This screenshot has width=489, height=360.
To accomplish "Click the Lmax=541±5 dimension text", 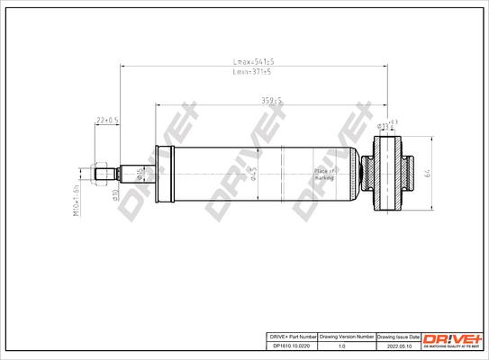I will [x=254, y=62].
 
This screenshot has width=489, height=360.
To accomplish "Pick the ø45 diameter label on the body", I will [x=254, y=173].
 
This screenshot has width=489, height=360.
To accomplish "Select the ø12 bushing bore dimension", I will [x=385, y=125].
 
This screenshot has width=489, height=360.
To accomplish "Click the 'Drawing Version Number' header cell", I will [x=346, y=335].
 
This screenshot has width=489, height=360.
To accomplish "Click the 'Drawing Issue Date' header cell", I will [x=399, y=335].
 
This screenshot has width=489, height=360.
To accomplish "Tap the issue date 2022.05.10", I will [x=399, y=345].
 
